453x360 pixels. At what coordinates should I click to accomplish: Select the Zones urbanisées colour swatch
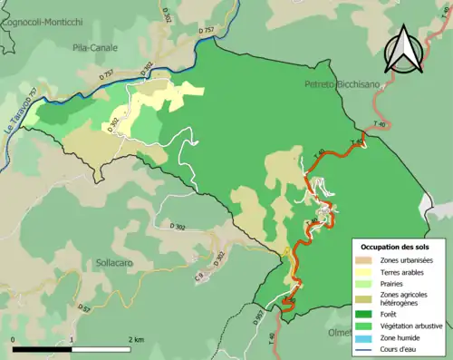[x=369, y=260]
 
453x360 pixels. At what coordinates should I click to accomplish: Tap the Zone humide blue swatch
[x=369, y=336]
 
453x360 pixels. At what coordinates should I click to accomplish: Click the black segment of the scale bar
[x=43, y=348]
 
